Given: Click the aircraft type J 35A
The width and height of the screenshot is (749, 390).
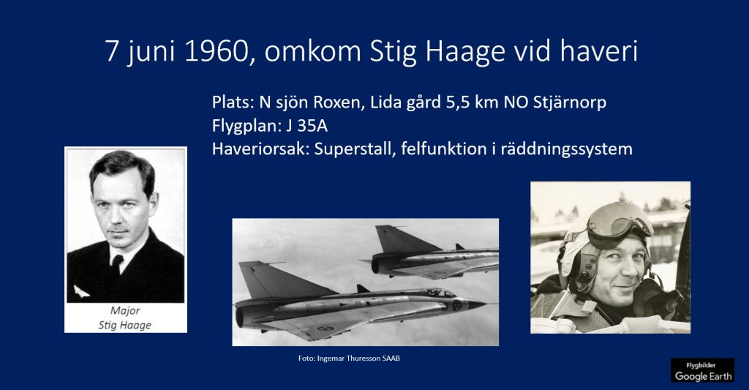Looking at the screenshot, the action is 306,126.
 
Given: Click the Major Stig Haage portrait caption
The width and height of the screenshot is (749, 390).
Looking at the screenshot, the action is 125,318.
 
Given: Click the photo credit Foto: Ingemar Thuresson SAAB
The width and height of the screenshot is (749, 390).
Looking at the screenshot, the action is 349,358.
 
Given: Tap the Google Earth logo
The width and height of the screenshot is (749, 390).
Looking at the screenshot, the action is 703,370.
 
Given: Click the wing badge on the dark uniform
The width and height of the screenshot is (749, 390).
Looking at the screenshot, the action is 80,290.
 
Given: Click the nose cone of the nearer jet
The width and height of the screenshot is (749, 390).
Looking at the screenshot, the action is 475,304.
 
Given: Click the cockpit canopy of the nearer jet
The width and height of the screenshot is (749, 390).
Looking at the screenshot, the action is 437,292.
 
